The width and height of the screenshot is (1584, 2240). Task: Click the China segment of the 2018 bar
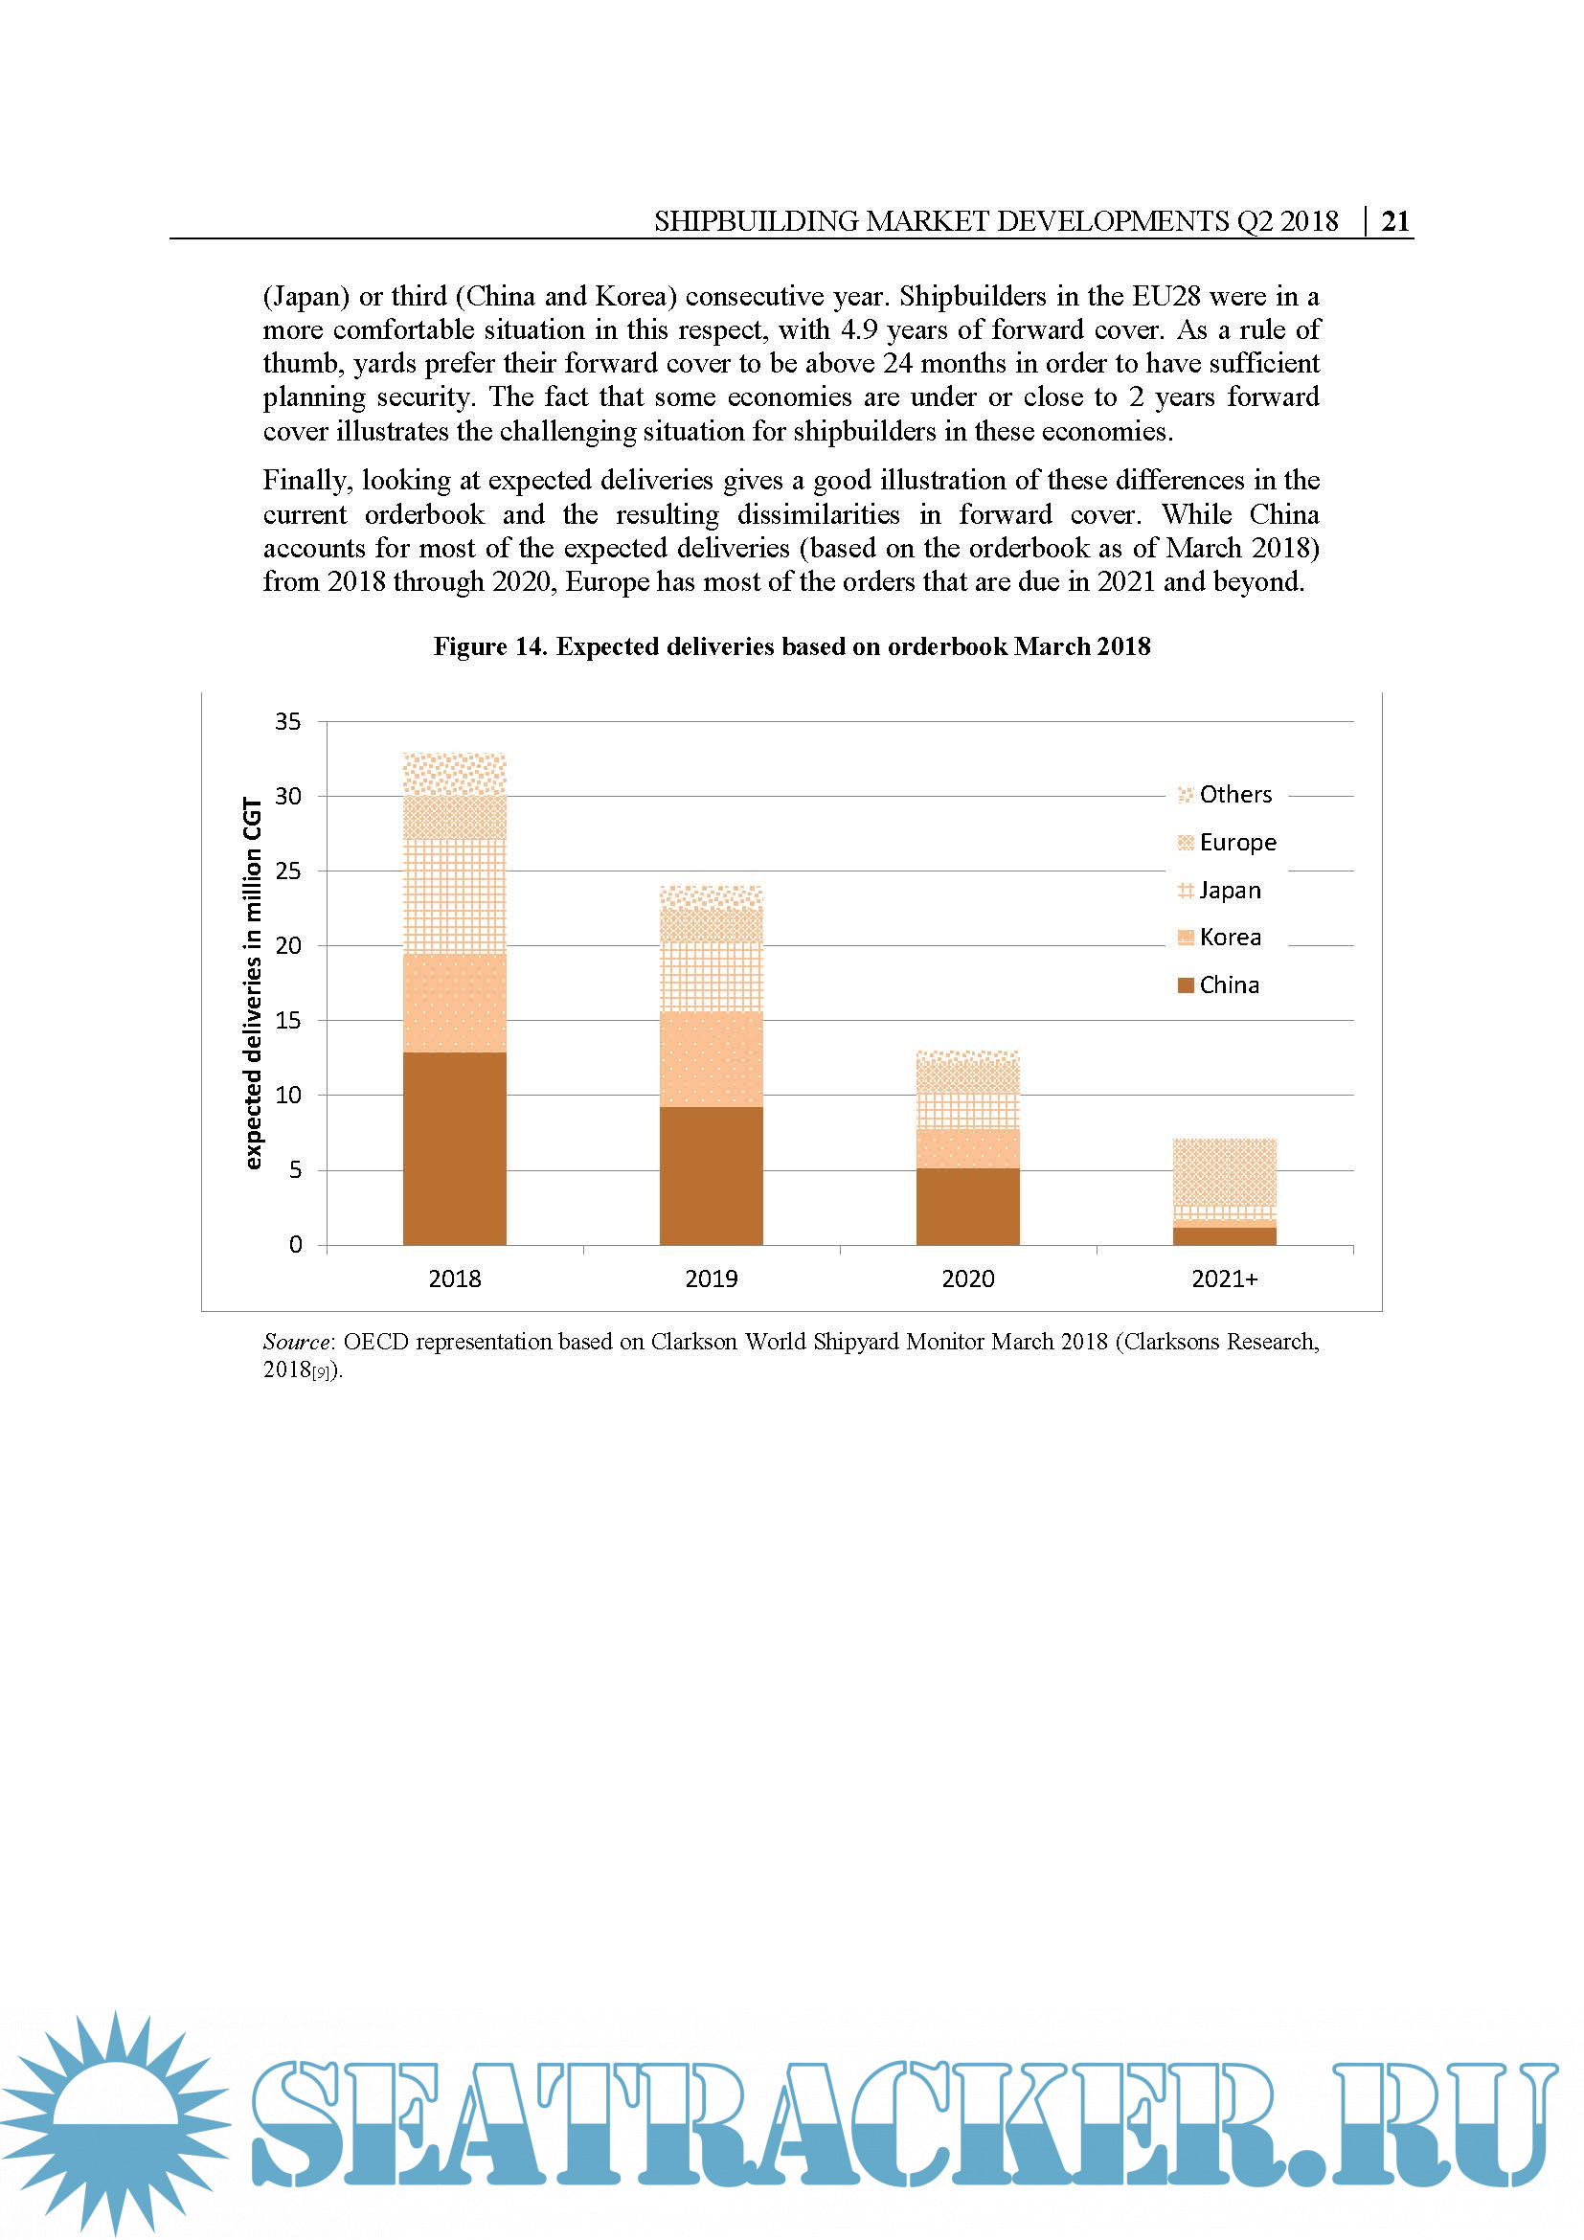(455, 1148)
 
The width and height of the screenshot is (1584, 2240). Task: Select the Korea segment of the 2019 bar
(711, 1058)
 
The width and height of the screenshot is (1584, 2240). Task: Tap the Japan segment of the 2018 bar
(455, 895)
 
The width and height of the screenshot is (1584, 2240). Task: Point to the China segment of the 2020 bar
(967, 1206)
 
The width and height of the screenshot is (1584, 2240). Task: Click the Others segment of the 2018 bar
(455, 774)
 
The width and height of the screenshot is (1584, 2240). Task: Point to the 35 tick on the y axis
(287, 721)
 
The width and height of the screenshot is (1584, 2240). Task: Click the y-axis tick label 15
(287, 1020)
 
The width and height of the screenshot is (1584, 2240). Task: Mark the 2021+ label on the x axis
(1224, 1278)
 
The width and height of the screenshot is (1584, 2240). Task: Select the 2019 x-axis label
(711, 1278)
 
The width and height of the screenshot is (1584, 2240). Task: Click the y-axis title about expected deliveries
(253, 983)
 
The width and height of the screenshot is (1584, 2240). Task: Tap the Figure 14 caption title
(791, 645)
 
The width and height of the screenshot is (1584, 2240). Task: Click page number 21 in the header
(1394, 221)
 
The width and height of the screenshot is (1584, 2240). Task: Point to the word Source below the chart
(297, 1342)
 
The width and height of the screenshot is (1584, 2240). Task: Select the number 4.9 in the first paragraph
(858, 329)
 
